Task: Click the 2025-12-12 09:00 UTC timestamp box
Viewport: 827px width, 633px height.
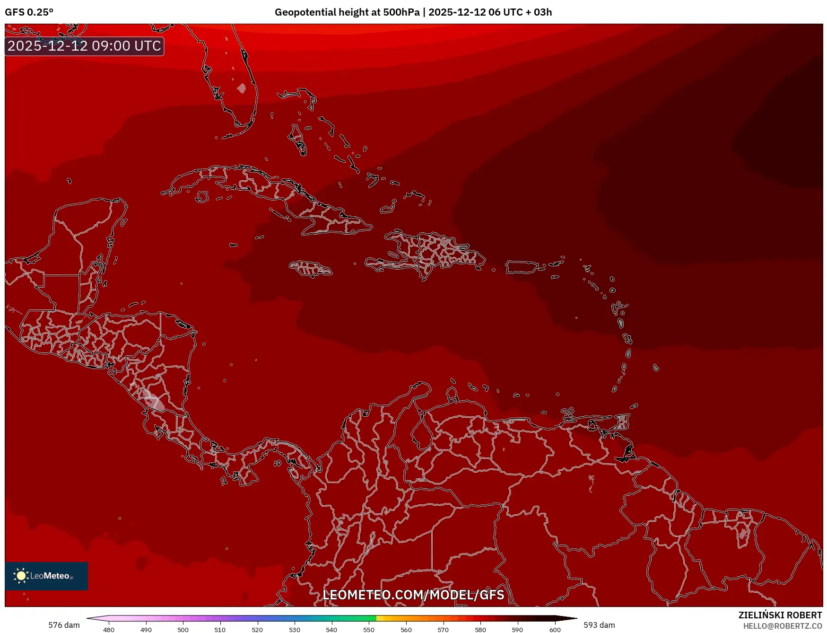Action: point(84,46)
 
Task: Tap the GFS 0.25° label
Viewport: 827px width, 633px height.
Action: point(29,12)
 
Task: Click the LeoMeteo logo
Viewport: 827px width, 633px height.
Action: point(46,576)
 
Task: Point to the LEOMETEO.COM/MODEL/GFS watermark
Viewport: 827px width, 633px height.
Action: point(413,595)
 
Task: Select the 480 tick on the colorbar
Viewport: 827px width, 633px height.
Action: point(109,629)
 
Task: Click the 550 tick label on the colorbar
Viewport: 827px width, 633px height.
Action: point(369,629)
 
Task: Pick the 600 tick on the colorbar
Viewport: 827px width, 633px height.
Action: point(555,629)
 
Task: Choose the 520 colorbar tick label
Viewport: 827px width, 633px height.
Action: point(257,629)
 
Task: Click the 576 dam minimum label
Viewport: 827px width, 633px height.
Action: point(64,625)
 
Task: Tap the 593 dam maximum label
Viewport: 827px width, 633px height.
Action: point(599,625)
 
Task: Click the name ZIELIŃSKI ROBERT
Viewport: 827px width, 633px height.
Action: point(780,615)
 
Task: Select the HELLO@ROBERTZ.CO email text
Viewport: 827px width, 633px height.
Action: point(782,626)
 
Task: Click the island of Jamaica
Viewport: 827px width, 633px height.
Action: point(311,269)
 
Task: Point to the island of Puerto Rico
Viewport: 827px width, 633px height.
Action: point(522,267)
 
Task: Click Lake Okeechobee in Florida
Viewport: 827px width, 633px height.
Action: point(242,88)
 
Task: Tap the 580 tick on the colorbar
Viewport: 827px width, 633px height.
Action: point(480,629)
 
